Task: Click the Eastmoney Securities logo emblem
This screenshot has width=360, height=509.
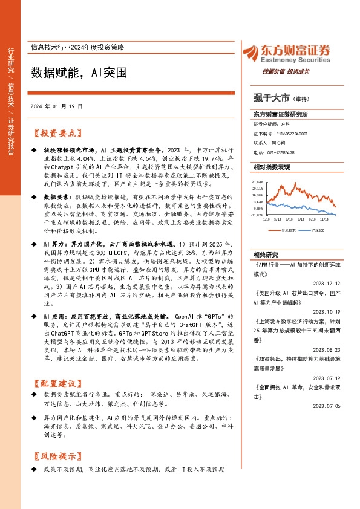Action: [252, 53]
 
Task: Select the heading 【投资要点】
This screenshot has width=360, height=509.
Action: [56, 132]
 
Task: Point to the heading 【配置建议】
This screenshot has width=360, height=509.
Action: [56, 383]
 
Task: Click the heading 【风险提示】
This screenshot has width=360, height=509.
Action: [56, 455]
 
